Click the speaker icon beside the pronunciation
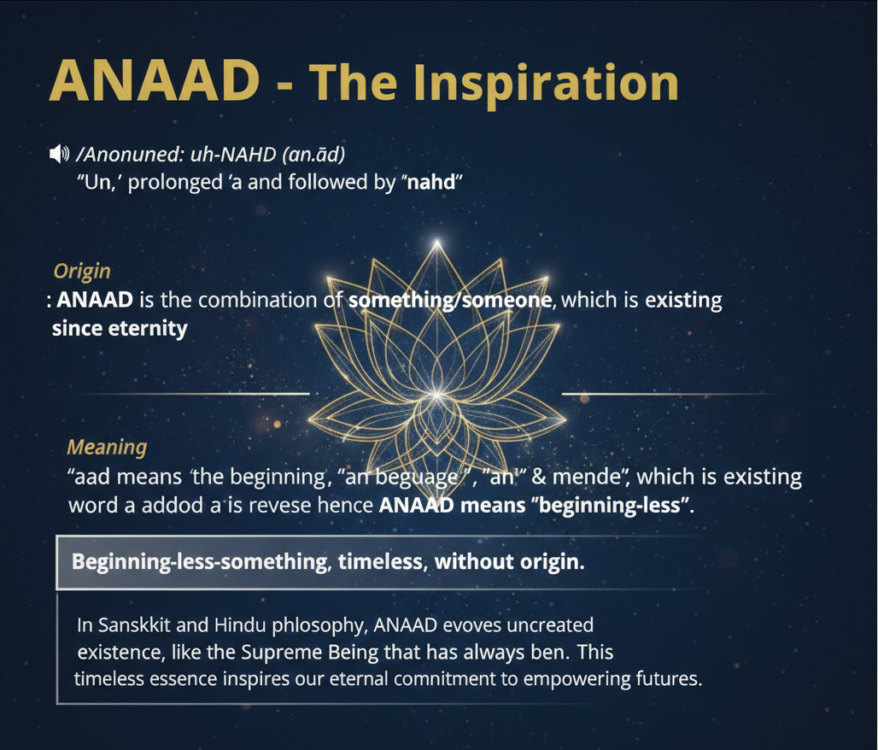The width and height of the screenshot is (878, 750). pos(59,154)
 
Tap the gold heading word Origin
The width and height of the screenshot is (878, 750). pos(82,272)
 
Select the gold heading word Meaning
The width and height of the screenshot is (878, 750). pos(107,448)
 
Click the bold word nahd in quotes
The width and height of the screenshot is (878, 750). pos(431,182)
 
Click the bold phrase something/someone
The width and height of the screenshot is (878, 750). pos(450,301)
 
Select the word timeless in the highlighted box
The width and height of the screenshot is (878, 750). pos(380,561)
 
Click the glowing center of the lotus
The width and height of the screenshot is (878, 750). pos(436,394)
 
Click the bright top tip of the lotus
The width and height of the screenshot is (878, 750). pos(437,243)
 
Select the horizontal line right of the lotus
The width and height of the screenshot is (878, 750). pos(672,395)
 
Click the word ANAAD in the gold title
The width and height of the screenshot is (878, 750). pos(155,80)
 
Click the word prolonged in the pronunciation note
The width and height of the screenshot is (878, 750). pos(175,183)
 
